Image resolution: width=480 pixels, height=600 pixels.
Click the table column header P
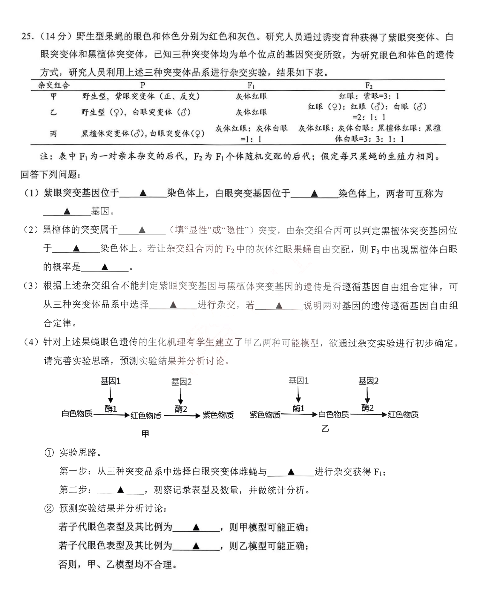tap(143, 85)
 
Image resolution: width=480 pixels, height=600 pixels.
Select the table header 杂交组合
tap(54, 85)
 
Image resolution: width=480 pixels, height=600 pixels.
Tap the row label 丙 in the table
tap(53, 134)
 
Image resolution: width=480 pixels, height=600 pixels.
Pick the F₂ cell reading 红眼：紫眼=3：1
tap(369, 96)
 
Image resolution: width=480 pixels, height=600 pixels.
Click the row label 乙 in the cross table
tap(53, 112)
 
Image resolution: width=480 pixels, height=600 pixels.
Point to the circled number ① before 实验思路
tap(49, 453)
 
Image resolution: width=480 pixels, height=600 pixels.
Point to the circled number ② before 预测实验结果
tap(49, 508)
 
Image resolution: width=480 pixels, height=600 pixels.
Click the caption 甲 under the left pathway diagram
tap(145, 434)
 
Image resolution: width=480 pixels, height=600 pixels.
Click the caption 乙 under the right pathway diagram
tap(325, 429)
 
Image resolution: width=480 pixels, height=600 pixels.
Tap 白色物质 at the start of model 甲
tap(77, 414)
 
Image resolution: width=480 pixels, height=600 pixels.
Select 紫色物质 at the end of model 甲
tap(218, 415)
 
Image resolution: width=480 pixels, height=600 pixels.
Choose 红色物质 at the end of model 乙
tap(403, 414)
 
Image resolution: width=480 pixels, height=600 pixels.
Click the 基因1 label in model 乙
tap(298, 381)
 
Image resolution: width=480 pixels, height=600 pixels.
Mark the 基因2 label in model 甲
tap(181, 382)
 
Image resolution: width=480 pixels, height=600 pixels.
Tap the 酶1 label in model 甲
tap(111, 408)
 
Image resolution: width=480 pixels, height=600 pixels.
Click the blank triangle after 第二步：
tap(121, 489)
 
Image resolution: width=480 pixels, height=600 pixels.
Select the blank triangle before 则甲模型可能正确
tap(196, 527)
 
